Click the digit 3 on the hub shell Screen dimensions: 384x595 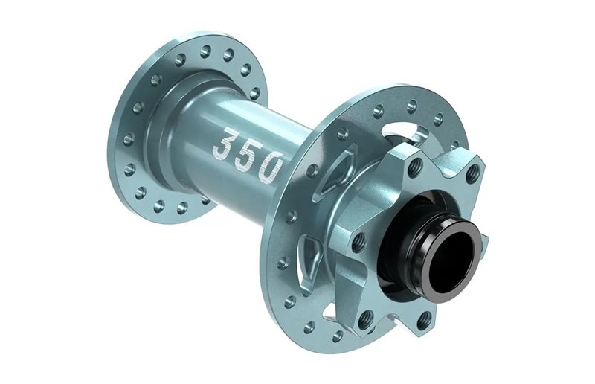tap(225, 143)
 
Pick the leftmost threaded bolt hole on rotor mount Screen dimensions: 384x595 tap(359, 240)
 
